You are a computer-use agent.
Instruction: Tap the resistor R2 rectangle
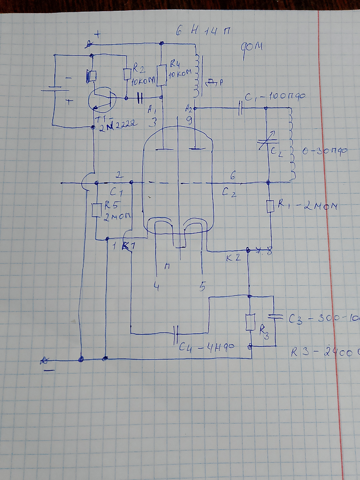click(128, 74)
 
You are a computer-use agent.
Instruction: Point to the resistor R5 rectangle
click(96, 210)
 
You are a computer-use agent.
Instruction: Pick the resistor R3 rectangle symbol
click(250, 322)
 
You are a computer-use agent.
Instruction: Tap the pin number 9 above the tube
click(190, 120)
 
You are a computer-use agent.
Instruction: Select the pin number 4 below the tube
click(156, 287)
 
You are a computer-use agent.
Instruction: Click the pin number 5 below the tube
click(203, 286)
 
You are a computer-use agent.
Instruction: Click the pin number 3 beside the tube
click(152, 122)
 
